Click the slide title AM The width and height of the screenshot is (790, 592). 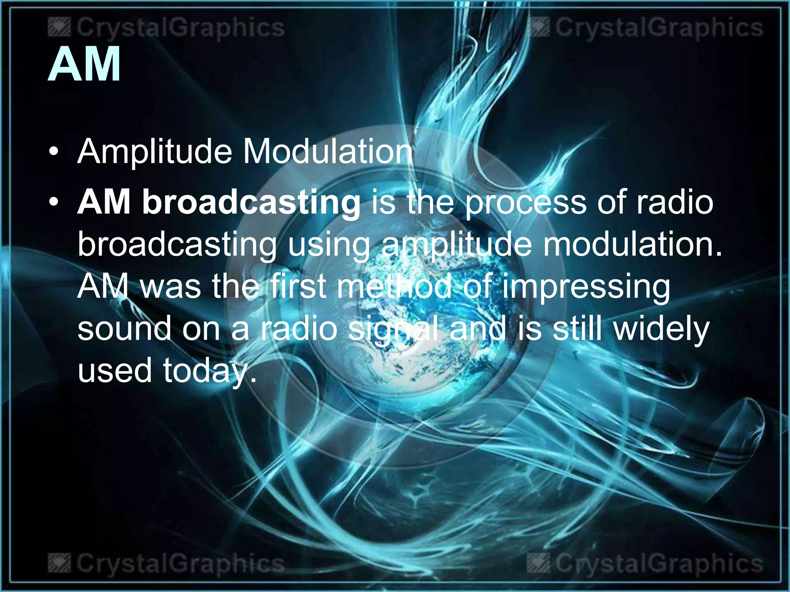coord(84,64)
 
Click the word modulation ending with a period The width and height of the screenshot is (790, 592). coord(633,244)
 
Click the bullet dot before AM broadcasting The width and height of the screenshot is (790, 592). coord(54,202)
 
